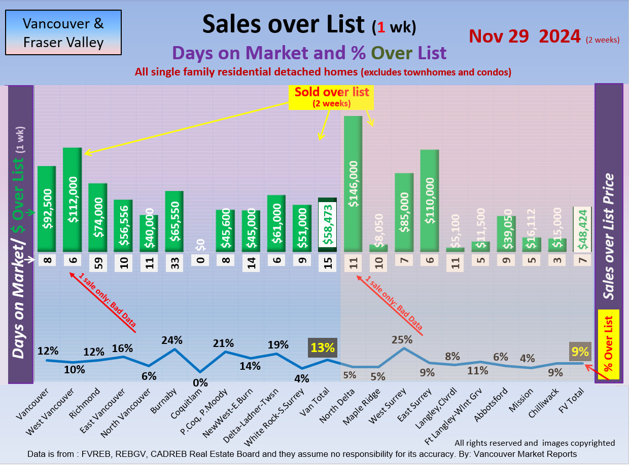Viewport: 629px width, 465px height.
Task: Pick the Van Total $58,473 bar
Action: [327, 224]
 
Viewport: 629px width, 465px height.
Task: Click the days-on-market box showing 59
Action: [98, 263]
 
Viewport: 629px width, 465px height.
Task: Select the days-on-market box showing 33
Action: [174, 263]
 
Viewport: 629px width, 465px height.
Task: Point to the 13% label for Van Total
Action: [323, 348]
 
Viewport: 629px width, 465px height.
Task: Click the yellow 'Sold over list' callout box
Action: [332, 97]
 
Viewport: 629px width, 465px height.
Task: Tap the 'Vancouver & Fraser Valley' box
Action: [63, 32]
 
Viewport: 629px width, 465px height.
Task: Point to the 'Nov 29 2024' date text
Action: [525, 36]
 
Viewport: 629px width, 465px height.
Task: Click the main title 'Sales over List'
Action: [283, 24]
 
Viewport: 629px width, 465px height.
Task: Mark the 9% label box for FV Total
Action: [579, 351]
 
